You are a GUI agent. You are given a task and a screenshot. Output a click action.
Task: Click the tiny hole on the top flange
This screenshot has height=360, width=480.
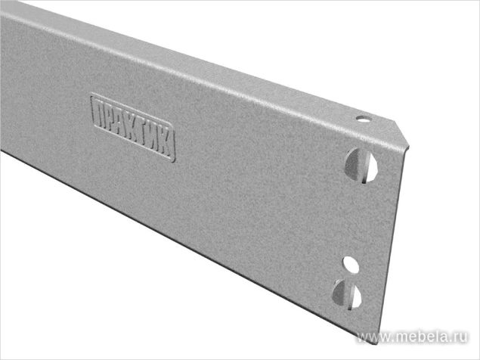tap(362, 119)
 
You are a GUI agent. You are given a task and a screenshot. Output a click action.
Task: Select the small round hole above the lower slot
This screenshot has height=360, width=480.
tap(350, 264)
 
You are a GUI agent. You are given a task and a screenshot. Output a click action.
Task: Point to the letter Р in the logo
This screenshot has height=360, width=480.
tap(111, 119)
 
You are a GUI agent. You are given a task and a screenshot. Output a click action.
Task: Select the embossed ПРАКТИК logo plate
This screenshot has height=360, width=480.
tap(133, 128)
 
